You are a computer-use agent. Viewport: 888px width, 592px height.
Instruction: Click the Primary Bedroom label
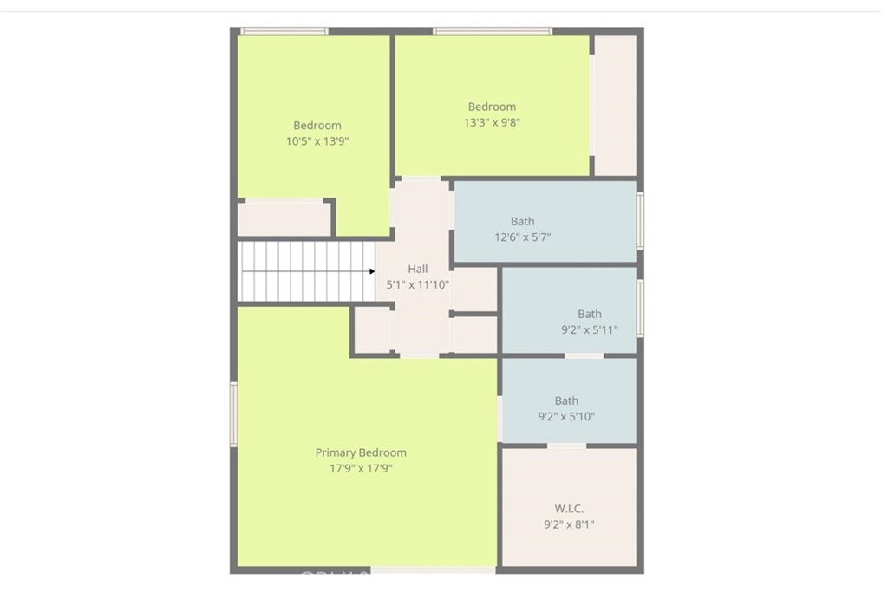coord(360,452)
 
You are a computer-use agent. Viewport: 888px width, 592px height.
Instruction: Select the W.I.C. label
coord(569,508)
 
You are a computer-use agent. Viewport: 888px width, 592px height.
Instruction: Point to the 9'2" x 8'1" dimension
coord(569,524)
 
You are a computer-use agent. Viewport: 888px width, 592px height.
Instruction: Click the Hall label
coord(417,270)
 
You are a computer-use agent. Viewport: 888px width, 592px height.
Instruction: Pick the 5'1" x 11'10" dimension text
coord(417,284)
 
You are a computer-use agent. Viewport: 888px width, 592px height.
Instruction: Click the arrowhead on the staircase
coord(372,271)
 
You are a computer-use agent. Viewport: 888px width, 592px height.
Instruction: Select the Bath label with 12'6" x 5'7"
coord(522,222)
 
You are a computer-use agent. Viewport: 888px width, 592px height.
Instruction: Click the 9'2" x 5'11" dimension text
coord(590,329)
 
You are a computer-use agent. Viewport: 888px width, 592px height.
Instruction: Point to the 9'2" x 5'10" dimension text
coord(566,416)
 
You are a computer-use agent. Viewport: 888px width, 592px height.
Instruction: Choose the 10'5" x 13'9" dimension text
coord(317,140)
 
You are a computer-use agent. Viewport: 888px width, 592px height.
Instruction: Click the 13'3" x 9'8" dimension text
coord(492,122)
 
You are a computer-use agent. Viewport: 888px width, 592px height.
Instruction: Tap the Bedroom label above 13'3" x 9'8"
coord(492,107)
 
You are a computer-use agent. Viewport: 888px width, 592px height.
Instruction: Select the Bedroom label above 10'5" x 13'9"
coord(317,125)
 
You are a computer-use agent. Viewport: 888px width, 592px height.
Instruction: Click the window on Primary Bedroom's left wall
coord(233,414)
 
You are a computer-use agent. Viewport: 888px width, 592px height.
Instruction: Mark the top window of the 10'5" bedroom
coord(284,31)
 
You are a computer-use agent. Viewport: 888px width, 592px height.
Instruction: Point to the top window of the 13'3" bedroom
coord(492,31)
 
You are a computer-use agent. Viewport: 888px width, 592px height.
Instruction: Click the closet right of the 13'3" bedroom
coord(615,104)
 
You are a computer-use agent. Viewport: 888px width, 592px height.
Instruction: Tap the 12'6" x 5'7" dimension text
coord(522,237)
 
